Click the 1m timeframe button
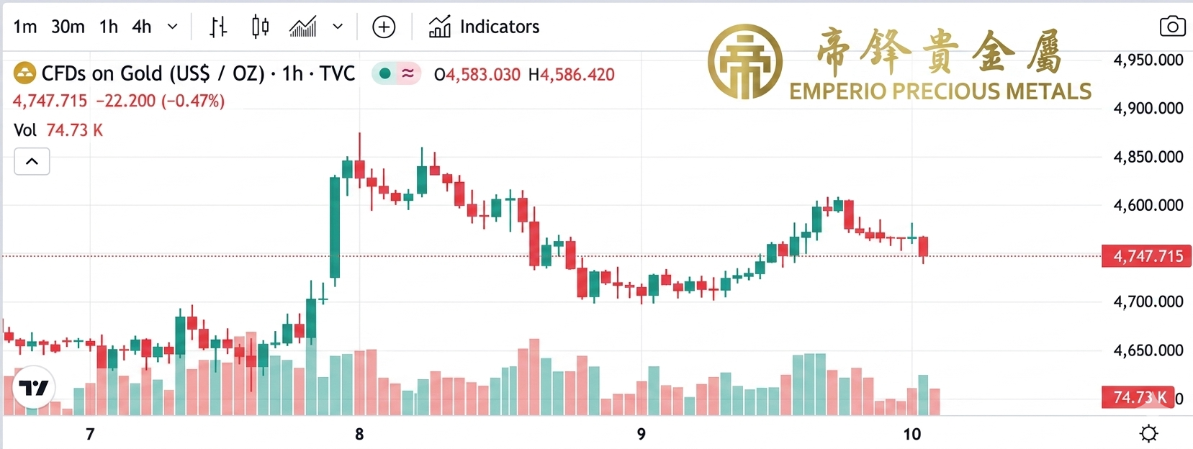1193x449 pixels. click(25, 27)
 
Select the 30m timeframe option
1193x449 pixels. click(68, 27)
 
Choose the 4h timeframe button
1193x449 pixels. click(142, 27)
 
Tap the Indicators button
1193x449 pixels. click(484, 27)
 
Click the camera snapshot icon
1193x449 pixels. click(1172, 27)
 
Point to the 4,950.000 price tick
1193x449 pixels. click(1148, 60)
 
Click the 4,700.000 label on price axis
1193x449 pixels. click(1148, 302)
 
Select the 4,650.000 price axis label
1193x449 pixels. click(1148, 351)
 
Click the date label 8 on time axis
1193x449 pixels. click(359, 434)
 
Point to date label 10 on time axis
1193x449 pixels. click(911, 434)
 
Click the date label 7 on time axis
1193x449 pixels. click(90, 434)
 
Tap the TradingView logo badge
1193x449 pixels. click(34, 389)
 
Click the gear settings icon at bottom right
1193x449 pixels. click(1148, 434)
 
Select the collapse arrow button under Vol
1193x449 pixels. click(32, 162)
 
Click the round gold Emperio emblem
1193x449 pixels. click(744, 62)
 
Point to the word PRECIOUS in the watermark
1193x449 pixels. click(942, 92)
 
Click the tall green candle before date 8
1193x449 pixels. click(335, 227)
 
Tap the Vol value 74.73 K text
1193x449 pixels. click(74, 130)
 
